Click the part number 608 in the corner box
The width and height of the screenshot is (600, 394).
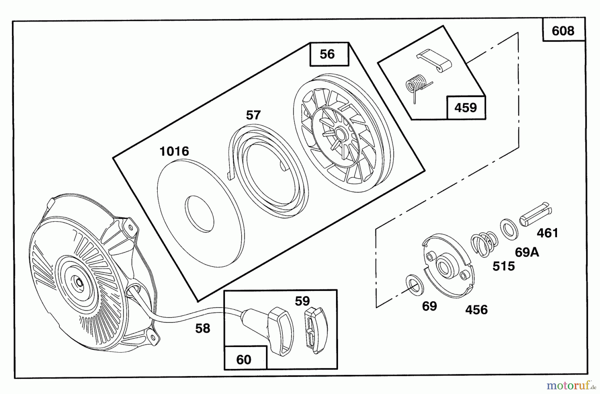click(563, 31)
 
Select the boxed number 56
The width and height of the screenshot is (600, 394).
click(327, 54)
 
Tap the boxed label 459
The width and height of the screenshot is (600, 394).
click(465, 108)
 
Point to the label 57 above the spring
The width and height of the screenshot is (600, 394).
click(253, 115)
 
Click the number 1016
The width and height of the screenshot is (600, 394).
click(174, 151)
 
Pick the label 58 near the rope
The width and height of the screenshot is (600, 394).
click(203, 328)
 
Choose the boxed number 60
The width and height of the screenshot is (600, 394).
click(244, 360)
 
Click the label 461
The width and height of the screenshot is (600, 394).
click(547, 233)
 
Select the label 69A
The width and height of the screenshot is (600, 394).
click(527, 252)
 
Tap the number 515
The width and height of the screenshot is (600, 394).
click(504, 266)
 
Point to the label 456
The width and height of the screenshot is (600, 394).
click(476, 310)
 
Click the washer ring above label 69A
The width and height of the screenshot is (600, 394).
click(509, 229)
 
